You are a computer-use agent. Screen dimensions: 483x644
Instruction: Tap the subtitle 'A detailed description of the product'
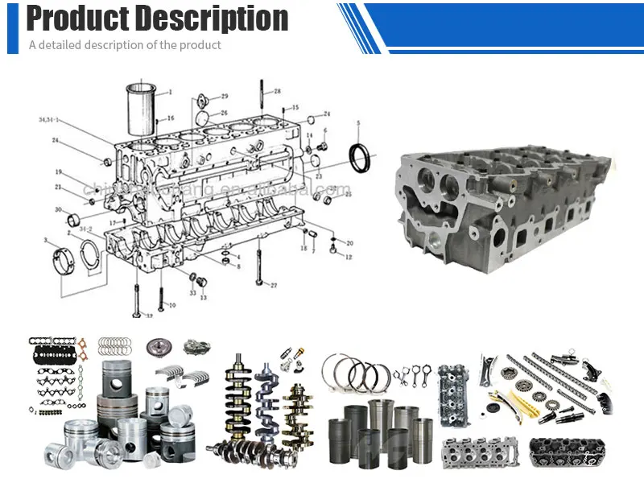(125, 45)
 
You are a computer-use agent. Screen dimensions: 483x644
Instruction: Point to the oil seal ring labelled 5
(361, 155)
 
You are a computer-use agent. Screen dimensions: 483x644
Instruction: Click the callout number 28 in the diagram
(276, 92)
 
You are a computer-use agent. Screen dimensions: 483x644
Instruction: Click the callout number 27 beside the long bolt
(273, 285)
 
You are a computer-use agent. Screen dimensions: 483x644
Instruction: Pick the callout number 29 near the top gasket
(224, 96)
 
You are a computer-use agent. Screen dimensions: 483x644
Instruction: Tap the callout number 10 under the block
(171, 306)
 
